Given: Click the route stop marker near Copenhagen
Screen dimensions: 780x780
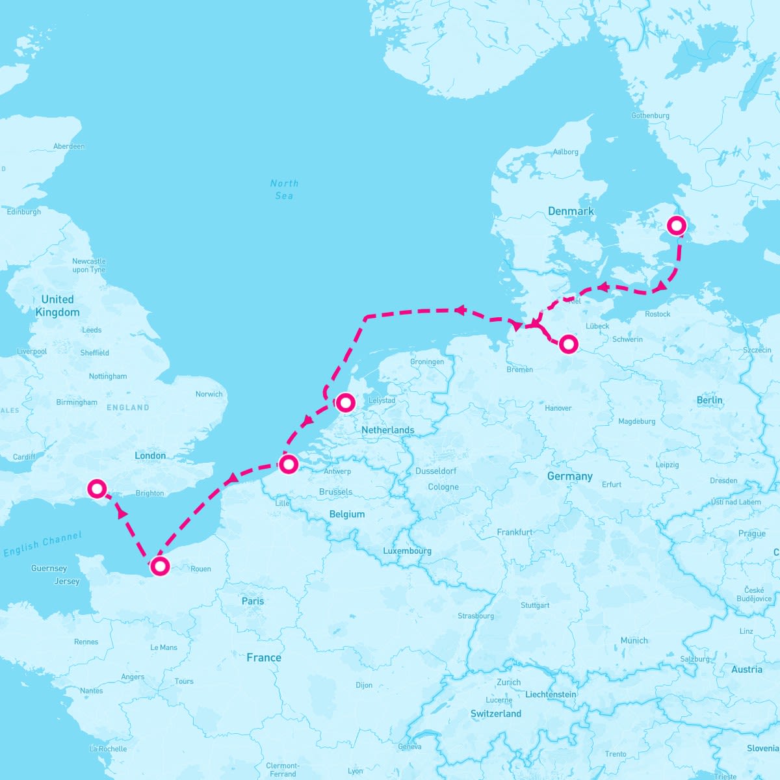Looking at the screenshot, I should (x=677, y=226).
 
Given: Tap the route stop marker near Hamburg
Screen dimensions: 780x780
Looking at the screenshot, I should (x=568, y=344).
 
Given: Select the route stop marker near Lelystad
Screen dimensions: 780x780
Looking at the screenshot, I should (x=345, y=403).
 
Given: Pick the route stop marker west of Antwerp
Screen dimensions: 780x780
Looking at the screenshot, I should (x=288, y=464).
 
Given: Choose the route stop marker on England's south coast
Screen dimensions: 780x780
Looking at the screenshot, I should (x=97, y=487).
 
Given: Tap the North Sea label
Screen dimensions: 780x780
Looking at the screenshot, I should (x=284, y=189).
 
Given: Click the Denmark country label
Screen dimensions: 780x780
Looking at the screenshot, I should (x=571, y=211).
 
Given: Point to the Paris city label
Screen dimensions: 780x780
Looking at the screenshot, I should (x=253, y=601).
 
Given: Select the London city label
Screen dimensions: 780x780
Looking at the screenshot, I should (x=150, y=456).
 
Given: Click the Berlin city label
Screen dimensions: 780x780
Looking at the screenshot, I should (x=709, y=400).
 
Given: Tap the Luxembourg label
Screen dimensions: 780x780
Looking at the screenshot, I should (x=407, y=551).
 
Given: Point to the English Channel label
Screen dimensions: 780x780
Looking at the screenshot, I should (x=43, y=544).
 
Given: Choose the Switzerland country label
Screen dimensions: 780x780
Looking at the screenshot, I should (x=496, y=714).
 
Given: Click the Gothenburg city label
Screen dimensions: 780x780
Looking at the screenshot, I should (x=650, y=116).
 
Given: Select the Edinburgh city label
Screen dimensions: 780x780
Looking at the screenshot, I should (x=23, y=212).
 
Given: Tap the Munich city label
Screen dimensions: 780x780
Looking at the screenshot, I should (x=634, y=640).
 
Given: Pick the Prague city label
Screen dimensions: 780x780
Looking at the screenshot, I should (x=751, y=534).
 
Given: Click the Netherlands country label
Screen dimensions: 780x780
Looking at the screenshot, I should (x=387, y=430).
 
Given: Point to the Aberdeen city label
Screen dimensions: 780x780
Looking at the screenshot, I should (x=69, y=146).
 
